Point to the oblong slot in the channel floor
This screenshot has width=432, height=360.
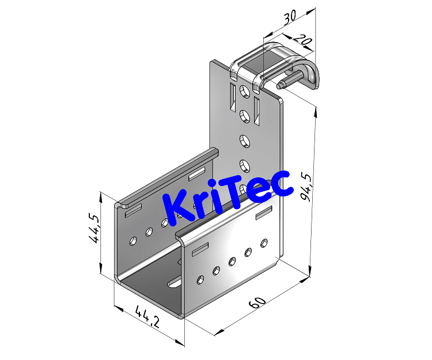175,282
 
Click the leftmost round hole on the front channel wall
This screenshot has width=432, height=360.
200,280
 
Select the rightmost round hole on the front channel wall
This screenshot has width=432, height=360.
264,242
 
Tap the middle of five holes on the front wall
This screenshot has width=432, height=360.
233,261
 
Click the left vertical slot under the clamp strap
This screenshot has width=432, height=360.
231,96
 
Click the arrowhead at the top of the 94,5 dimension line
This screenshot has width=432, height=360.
315,111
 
